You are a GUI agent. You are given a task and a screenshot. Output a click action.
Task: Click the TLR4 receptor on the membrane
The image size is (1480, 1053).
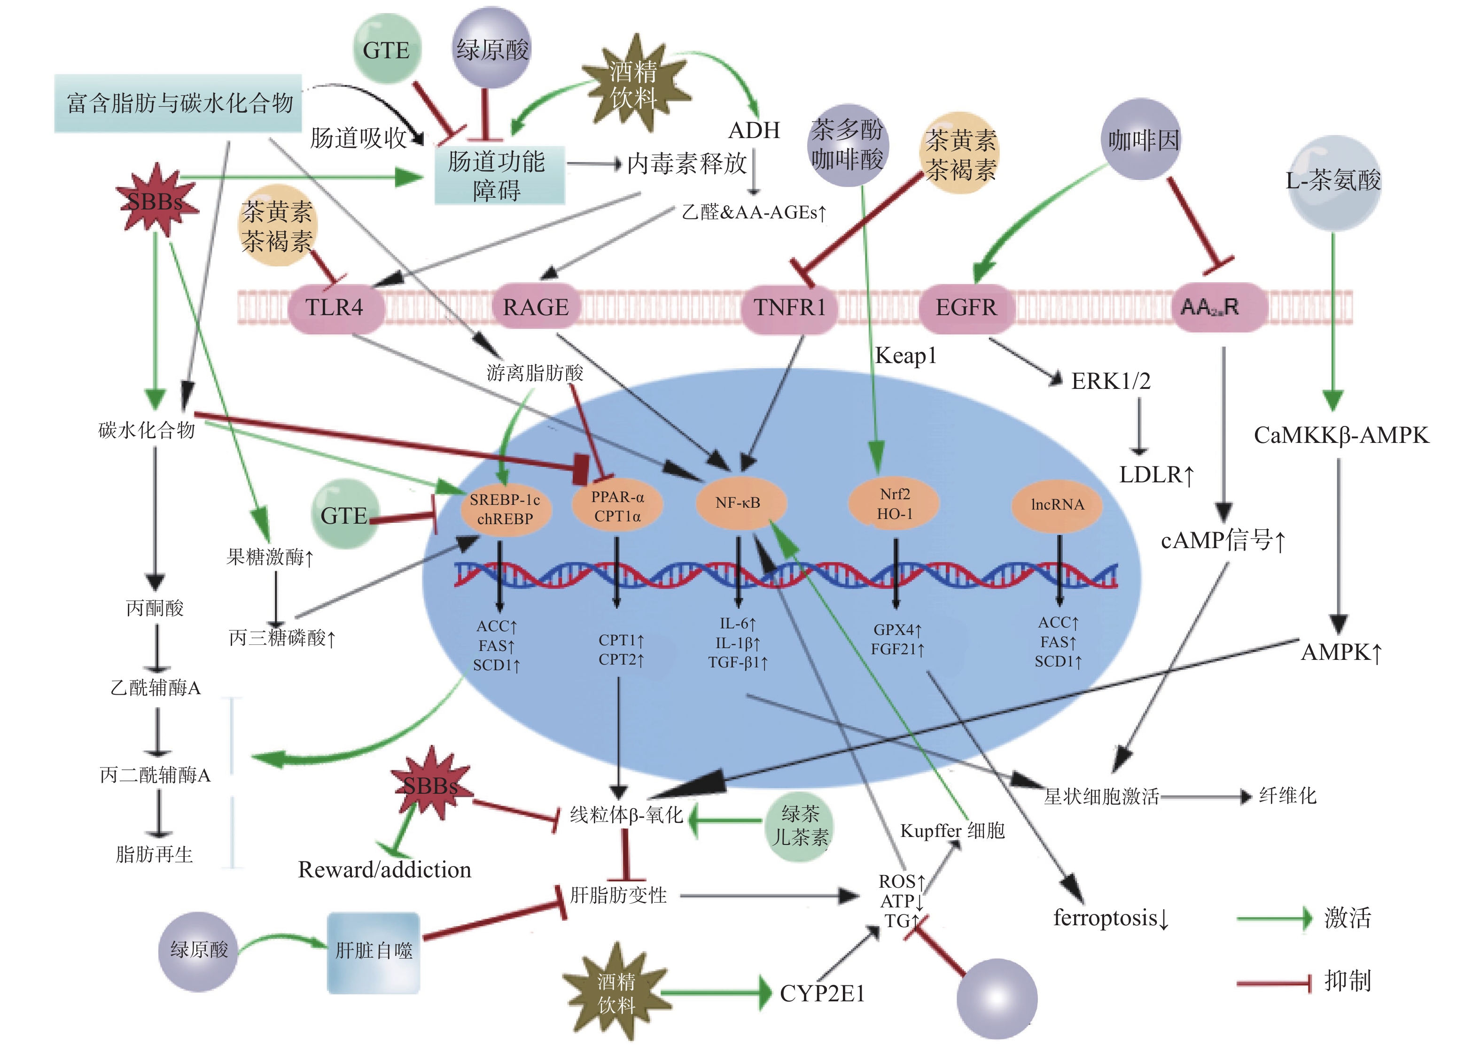click(334, 307)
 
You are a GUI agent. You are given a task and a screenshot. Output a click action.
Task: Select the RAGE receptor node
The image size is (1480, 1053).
click(535, 307)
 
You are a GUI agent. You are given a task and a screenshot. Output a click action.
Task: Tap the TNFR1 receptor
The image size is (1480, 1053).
click(789, 307)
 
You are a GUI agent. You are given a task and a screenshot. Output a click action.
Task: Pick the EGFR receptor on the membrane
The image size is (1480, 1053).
click(966, 307)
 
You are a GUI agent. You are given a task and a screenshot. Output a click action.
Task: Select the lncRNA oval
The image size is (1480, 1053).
click(1057, 504)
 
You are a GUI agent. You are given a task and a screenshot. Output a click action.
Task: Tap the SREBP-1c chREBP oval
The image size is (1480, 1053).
click(505, 509)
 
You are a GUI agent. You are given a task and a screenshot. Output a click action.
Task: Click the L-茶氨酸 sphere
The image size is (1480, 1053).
click(1333, 182)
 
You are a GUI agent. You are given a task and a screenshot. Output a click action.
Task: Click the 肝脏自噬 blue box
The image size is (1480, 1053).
click(374, 951)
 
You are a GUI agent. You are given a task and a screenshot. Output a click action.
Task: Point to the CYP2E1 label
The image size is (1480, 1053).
click(822, 993)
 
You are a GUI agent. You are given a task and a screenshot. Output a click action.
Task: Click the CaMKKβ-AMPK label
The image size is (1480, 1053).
click(1340, 435)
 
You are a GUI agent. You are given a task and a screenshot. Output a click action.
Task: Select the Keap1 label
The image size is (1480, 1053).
click(905, 356)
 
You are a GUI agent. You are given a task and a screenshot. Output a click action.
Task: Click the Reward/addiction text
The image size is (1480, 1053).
click(385, 869)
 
